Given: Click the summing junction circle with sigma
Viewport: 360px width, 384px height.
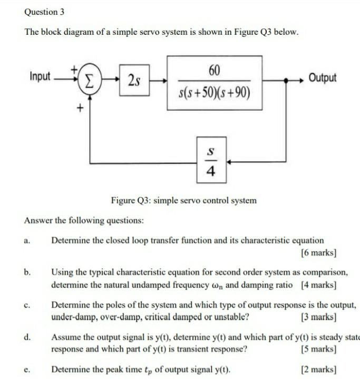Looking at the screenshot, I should [x=90, y=82].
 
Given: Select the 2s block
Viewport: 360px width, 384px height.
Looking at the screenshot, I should [x=134, y=81].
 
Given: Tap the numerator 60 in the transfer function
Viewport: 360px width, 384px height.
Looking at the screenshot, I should [x=215, y=70].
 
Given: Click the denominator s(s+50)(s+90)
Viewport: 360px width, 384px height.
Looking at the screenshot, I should [x=215, y=94].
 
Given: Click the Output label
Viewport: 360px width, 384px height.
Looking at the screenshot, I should [x=323, y=78].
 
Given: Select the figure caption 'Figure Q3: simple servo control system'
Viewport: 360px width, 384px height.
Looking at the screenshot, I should [x=184, y=200].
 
